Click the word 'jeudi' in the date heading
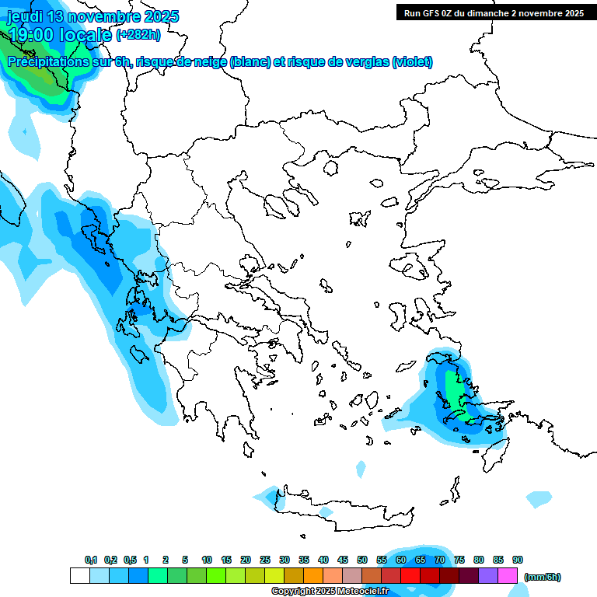point(24,16)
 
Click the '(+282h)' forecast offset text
point(138,34)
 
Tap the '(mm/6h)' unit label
point(542,577)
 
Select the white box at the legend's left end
point(79,576)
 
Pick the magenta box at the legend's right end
point(508,576)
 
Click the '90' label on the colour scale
point(518,560)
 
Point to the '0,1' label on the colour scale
point(90,560)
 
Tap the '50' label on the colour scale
point(362,560)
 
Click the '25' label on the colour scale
point(265,560)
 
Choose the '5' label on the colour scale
point(185,560)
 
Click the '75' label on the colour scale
point(459,560)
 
